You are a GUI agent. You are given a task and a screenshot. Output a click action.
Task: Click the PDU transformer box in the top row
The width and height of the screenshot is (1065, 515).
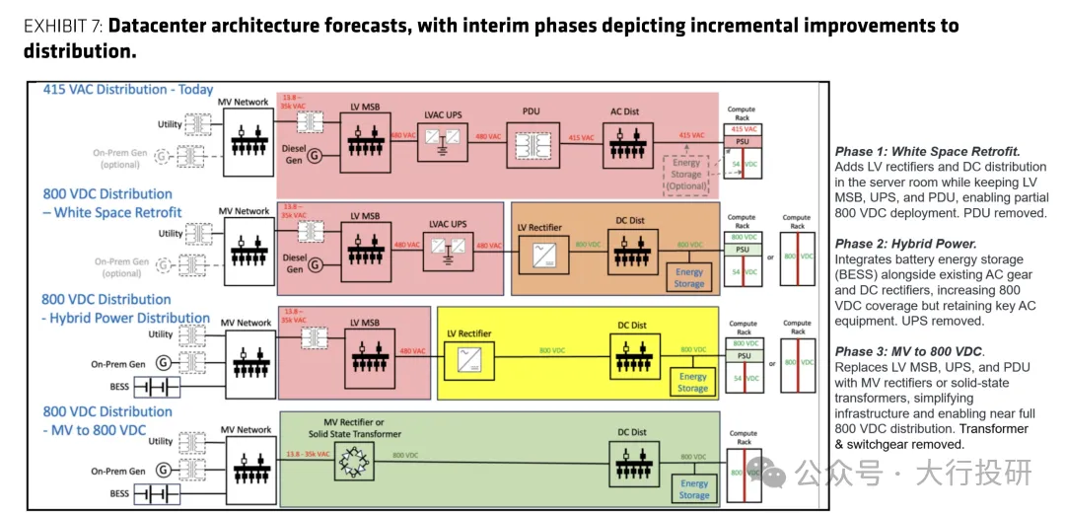click(532, 143)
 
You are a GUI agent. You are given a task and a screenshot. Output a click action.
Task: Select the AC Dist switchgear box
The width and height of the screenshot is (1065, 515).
click(624, 143)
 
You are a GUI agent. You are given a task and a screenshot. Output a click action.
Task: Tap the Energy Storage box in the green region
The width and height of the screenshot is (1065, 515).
click(694, 488)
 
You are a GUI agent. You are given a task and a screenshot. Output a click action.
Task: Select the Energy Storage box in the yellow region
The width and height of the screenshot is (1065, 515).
click(692, 382)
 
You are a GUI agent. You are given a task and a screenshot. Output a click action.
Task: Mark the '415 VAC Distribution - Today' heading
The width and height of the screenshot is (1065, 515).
click(128, 90)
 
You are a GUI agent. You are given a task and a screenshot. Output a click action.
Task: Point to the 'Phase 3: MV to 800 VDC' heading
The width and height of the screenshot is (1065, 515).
click(908, 351)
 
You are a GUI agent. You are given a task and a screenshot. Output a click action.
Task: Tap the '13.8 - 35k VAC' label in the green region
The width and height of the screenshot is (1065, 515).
click(308, 455)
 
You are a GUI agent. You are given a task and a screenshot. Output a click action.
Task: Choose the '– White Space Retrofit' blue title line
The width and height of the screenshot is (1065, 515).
click(112, 212)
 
